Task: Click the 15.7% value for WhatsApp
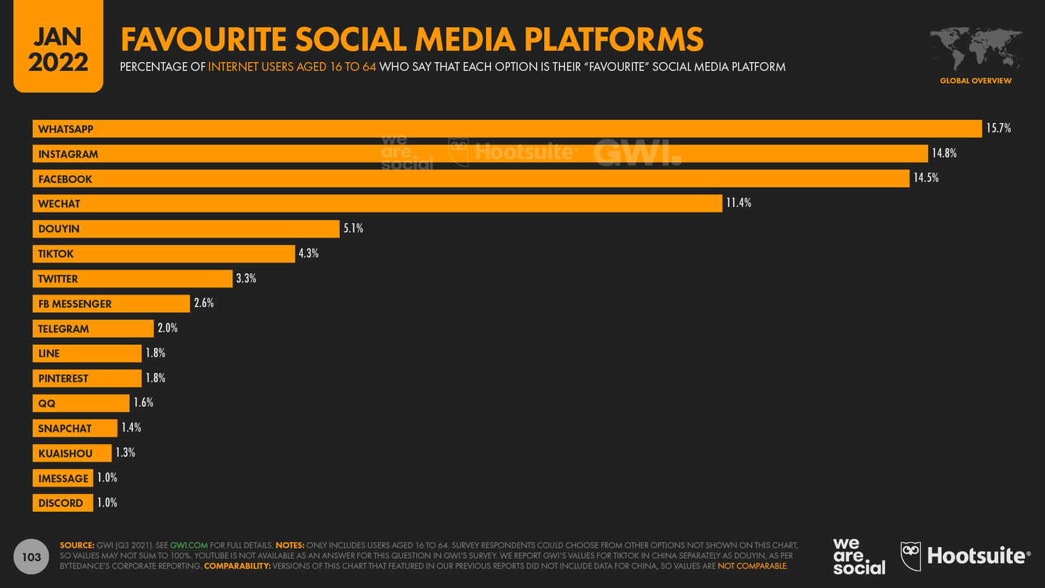point(998,128)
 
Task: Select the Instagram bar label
point(68,154)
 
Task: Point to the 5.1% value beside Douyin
point(353,229)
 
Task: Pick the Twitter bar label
point(58,279)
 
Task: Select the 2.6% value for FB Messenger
point(204,303)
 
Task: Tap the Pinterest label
point(63,378)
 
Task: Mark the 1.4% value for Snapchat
point(132,428)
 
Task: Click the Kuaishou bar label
point(65,454)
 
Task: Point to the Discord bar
point(63,503)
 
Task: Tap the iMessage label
point(63,479)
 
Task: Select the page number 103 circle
point(31,557)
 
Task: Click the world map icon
point(975,49)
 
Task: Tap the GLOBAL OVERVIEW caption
point(975,81)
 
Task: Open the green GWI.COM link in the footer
point(189,546)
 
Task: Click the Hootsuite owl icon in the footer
point(911,556)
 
